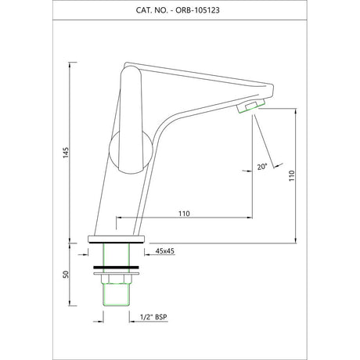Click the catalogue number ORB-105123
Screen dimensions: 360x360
pyautogui.click(x=197, y=10)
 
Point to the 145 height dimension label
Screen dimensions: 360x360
pyautogui.click(x=66, y=153)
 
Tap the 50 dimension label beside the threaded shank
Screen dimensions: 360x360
pyautogui.click(x=66, y=274)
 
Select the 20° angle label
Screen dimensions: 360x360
pyautogui.click(x=262, y=167)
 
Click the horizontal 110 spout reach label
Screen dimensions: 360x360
pyautogui.click(x=184, y=214)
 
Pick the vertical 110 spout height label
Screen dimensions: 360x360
pyautogui.click(x=291, y=176)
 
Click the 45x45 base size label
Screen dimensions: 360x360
pyautogui.click(x=165, y=251)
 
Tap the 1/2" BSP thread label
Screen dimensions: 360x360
pyautogui.click(x=153, y=317)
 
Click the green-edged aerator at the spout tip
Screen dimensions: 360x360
pyautogui.click(x=250, y=106)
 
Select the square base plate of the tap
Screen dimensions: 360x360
pyautogui.click(x=117, y=239)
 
